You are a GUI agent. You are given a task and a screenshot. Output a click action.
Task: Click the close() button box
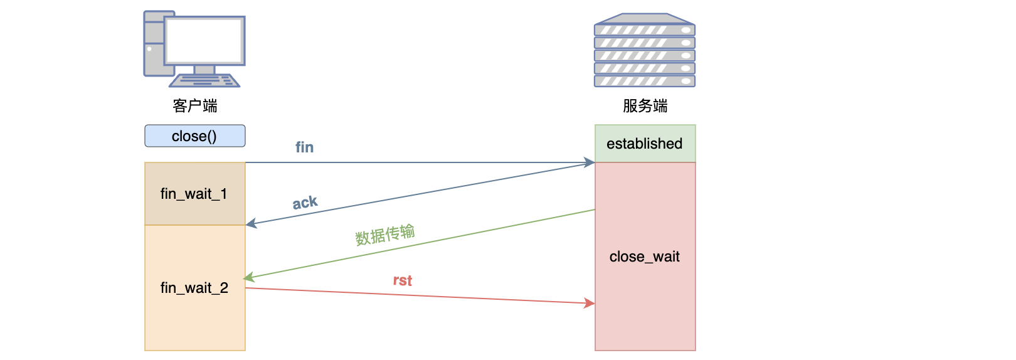[x=194, y=136]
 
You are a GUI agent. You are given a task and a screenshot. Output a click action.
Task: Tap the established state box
[x=645, y=144]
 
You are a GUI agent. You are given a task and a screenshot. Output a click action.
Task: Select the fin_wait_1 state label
[x=194, y=194]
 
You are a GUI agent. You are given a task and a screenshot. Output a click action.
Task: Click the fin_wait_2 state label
[x=194, y=288]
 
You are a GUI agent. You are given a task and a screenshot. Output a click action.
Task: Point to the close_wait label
[x=645, y=257]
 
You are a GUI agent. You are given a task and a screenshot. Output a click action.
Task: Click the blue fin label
[x=305, y=147]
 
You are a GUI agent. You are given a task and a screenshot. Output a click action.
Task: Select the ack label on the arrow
[x=305, y=203]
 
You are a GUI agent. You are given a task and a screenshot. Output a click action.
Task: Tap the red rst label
[x=403, y=280]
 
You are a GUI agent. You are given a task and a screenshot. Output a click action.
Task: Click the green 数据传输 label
[x=385, y=235]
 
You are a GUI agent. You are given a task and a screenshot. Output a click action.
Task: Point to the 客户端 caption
[x=195, y=106]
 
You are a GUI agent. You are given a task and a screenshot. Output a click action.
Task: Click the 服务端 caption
[x=645, y=106]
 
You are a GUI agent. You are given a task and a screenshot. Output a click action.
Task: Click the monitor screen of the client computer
[x=204, y=40]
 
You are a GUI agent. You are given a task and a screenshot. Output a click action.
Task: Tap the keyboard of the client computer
[x=204, y=81]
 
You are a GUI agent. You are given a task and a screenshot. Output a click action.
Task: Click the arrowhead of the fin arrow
[x=590, y=162]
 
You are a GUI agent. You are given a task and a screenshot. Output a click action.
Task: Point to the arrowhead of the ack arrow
[x=251, y=223]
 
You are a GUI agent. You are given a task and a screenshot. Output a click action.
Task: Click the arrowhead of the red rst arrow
[x=590, y=304]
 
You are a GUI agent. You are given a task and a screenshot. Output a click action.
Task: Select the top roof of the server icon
[x=645, y=18]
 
